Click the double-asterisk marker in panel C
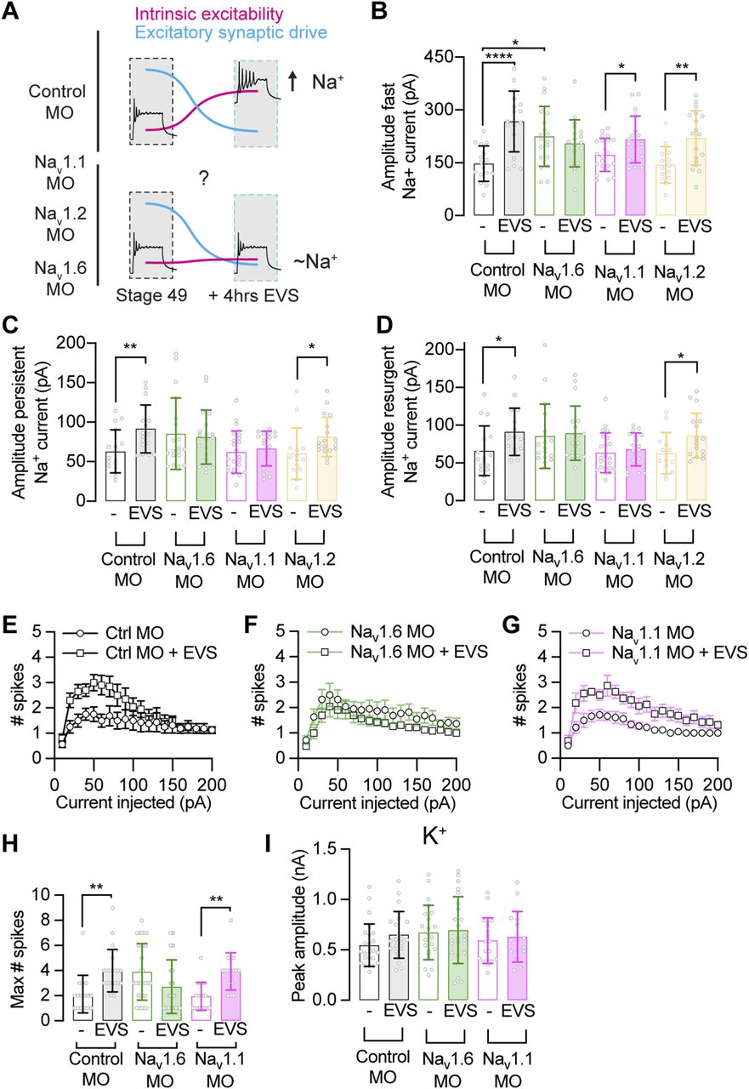click(106, 372)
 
